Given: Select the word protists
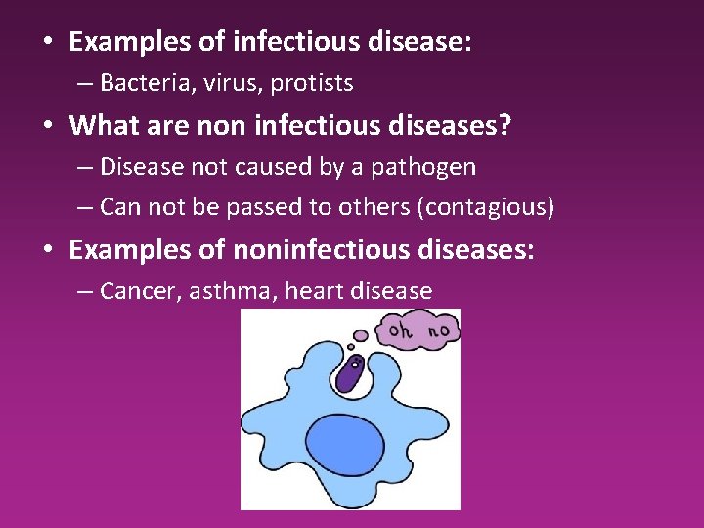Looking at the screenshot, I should pyautogui.click(x=312, y=84).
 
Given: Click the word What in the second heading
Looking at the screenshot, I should pyautogui.click(x=105, y=125).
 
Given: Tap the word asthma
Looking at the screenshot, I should pyautogui.click(x=232, y=290).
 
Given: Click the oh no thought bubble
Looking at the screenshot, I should pyautogui.click(x=418, y=330).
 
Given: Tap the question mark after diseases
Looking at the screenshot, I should pyautogui.click(x=506, y=125).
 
